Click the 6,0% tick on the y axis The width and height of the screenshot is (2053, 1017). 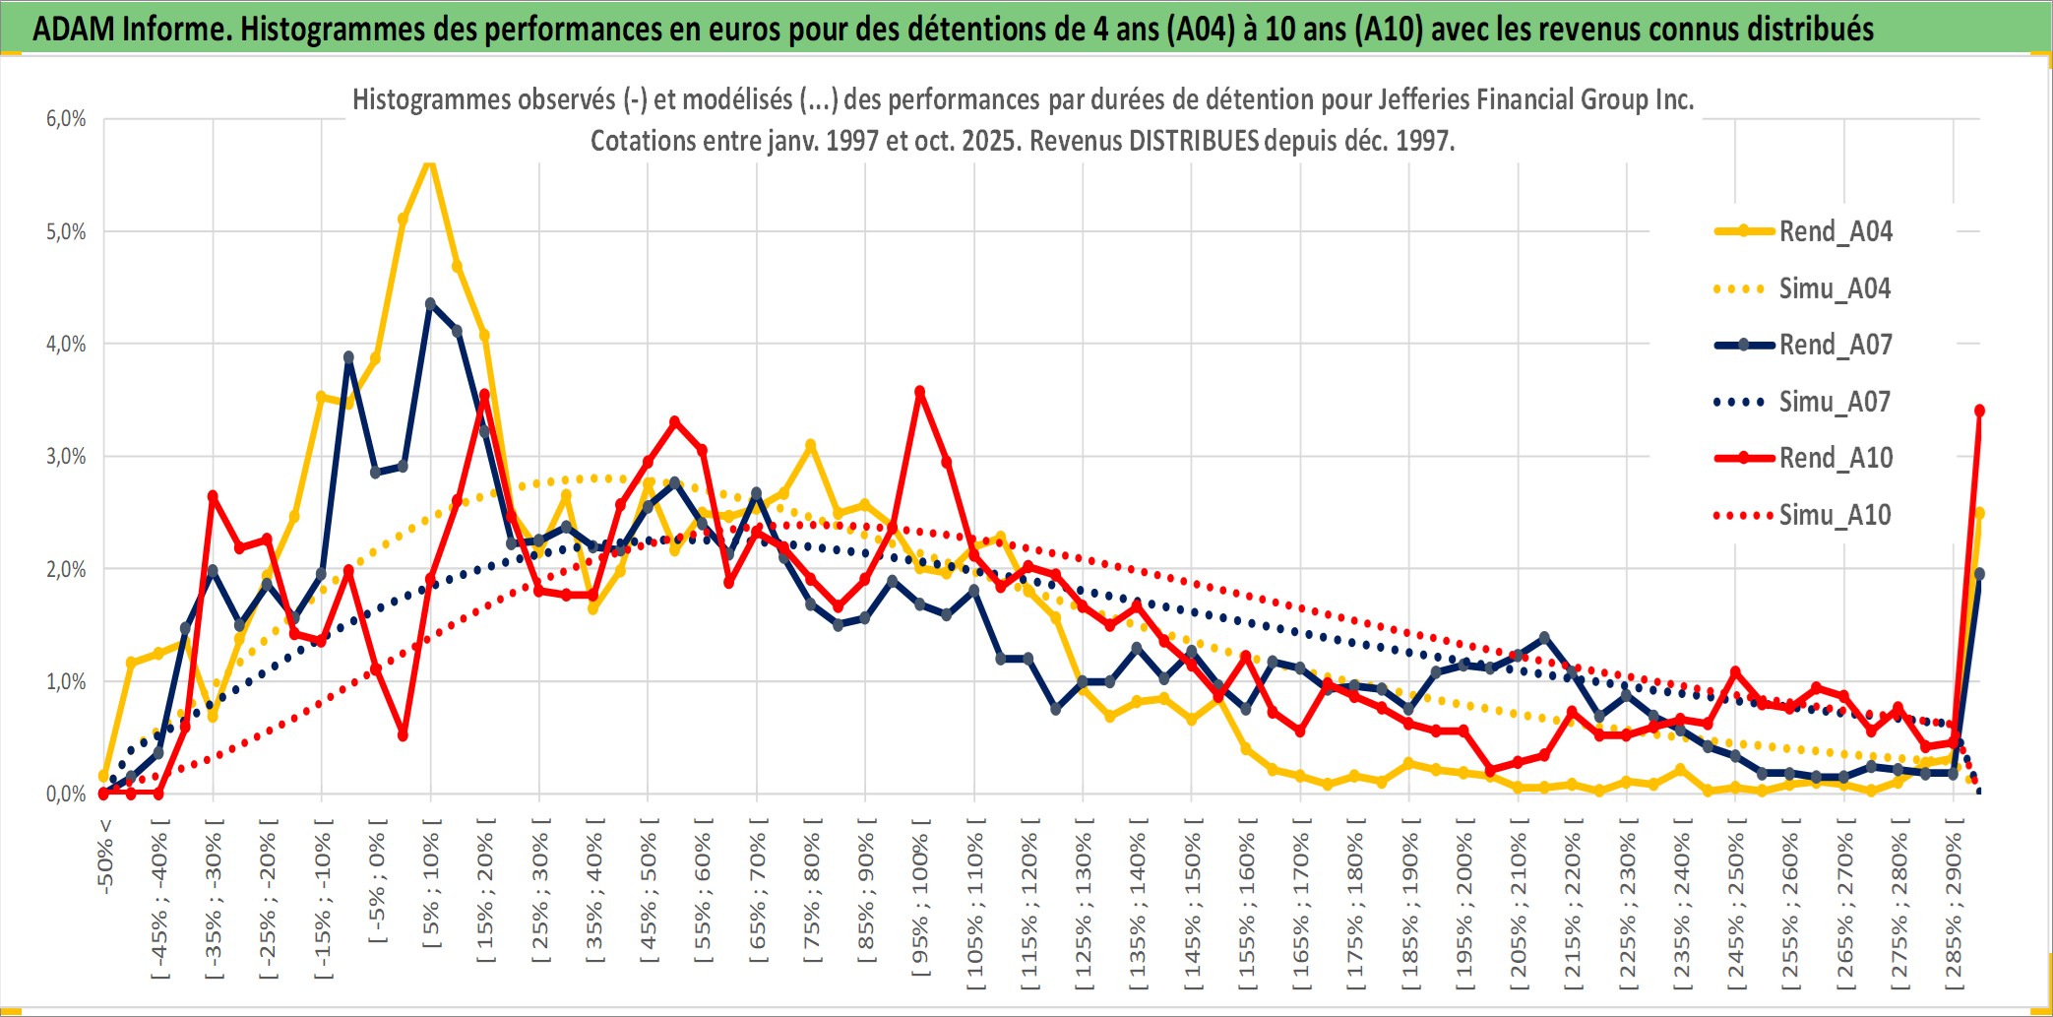pos(66,119)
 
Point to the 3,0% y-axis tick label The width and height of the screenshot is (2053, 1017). pos(66,457)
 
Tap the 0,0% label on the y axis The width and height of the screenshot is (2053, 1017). pos(66,795)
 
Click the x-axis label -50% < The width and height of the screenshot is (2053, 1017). pos(105,857)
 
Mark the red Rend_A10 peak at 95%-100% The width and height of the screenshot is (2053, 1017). pos(920,392)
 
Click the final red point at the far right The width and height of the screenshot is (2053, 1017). pos(1979,411)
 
